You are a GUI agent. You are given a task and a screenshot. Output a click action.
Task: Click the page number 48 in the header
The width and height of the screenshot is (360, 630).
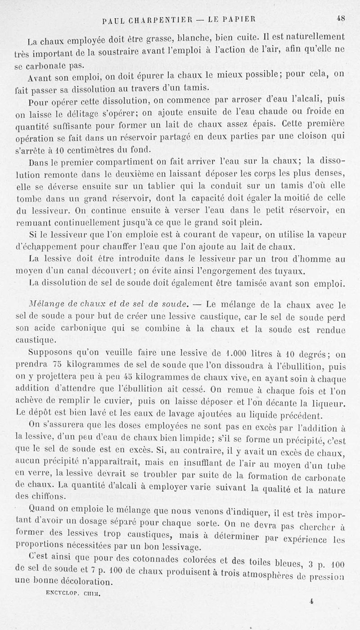340,18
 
